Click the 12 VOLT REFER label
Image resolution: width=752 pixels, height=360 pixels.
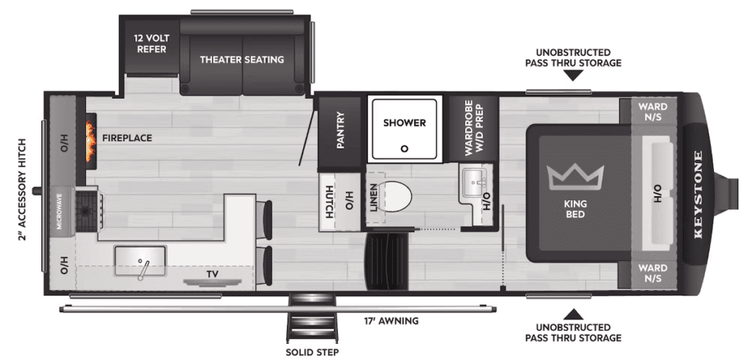click(151, 43)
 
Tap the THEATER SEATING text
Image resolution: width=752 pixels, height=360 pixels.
click(242, 60)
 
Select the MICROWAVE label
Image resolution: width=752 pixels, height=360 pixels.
click(60, 212)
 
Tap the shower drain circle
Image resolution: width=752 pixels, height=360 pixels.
click(405, 149)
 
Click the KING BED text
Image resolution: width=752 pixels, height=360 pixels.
click(575, 209)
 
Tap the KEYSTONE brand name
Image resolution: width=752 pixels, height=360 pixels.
click(698, 195)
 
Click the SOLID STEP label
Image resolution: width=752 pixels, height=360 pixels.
click(312, 353)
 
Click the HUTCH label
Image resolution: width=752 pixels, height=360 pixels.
click(329, 201)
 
